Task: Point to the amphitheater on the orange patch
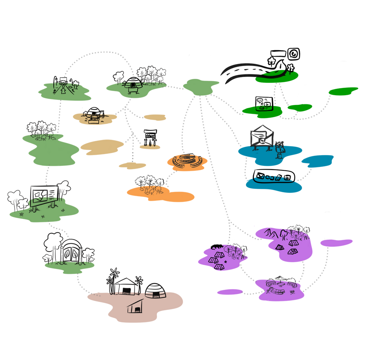tap(186, 160)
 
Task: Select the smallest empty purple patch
tap(230, 292)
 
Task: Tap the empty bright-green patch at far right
tap(343, 91)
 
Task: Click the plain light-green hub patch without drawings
tap(201, 86)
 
